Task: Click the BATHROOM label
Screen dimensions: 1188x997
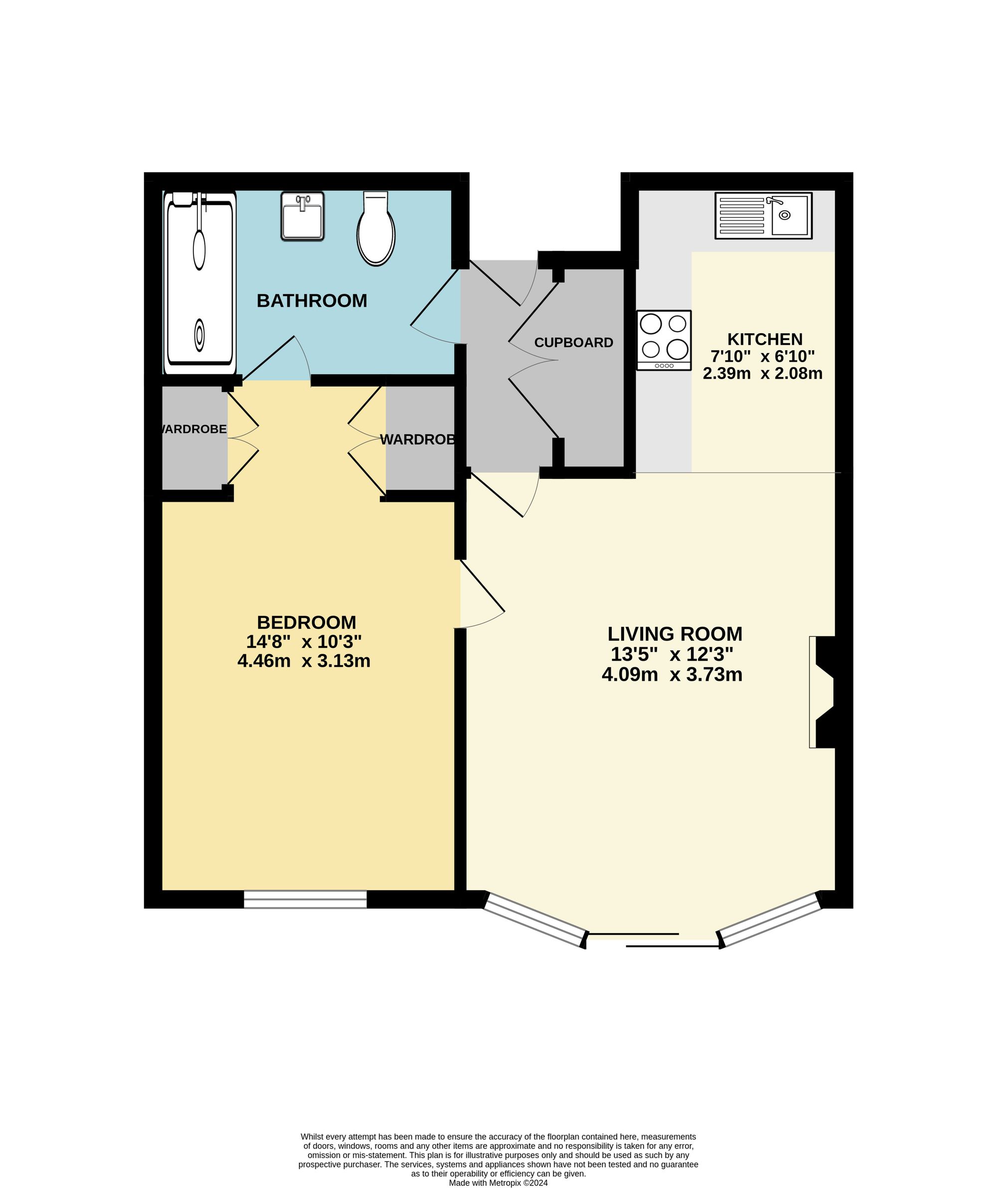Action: tap(312, 300)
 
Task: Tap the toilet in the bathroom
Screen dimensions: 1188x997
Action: tap(375, 229)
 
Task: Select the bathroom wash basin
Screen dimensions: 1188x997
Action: tap(303, 216)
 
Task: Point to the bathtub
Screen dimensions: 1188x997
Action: tap(199, 283)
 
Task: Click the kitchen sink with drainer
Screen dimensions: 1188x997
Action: tap(763, 215)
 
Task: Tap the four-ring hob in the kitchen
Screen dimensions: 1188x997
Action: tap(664, 340)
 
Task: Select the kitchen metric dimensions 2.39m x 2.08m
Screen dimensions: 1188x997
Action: tap(762, 374)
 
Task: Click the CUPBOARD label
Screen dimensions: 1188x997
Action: tap(573, 342)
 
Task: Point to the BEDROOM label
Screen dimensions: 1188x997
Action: tap(307, 622)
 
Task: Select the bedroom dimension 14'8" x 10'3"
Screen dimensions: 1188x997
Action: tap(304, 641)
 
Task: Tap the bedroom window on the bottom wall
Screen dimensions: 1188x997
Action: tap(306, 900)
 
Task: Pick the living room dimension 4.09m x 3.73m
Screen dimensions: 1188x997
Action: tap(672, 675)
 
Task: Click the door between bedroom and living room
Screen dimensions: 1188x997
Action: tap(481, 594)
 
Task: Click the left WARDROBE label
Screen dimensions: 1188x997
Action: tap(194, 429)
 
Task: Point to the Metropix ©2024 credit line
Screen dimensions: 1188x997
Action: tap(498, 1183)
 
